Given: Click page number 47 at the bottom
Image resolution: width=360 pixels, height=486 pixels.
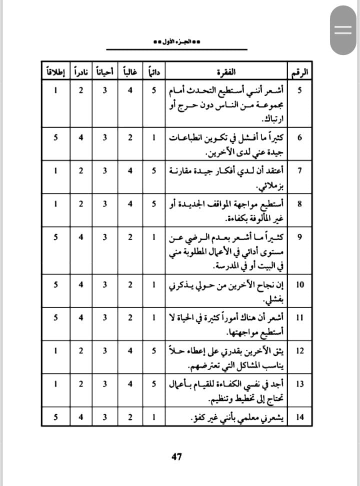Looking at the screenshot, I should (176, 456).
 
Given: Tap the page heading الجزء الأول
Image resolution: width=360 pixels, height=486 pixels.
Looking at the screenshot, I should (177, 42).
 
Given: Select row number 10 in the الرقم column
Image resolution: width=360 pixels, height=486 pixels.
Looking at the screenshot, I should (300, 284).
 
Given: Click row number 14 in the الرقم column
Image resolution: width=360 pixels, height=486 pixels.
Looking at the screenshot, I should (300, 417).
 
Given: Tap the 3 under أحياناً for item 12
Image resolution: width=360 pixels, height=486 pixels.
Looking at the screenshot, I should (105, 350).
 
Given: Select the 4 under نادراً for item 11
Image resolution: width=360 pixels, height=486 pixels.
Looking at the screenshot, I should (80, 317).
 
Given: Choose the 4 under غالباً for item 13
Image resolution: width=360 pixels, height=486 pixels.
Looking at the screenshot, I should (129, 383).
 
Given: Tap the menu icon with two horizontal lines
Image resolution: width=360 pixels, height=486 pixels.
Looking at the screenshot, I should (343, 29).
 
